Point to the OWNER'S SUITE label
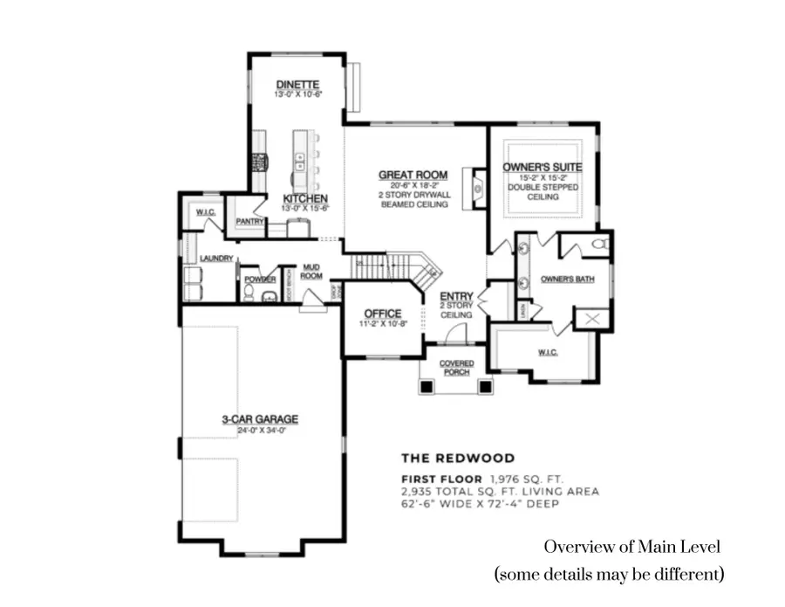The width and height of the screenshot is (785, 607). pyautogui.click(x=542, y=167)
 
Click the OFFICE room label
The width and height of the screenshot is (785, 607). pyautogui.click(x=382, y=313)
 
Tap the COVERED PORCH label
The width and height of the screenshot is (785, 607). pyautogui.click(x=456, y=368)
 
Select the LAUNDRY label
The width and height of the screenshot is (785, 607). pyautogui.click(x=216, y=259)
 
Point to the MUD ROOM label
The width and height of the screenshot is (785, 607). pyautogui.click(x=311, y=272)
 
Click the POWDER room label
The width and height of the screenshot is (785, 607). pyautogui.click(x=259, y=279)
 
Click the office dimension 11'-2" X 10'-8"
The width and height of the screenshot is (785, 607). pyautogui.click(x=382, y=324)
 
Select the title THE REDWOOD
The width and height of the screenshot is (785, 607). pyautogui.click(x=457, y=458)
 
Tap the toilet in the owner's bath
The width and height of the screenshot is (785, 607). pyautogui.click(x=598, y=244)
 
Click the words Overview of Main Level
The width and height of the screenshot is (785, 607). pyautogui.click(x=632, y=547)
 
